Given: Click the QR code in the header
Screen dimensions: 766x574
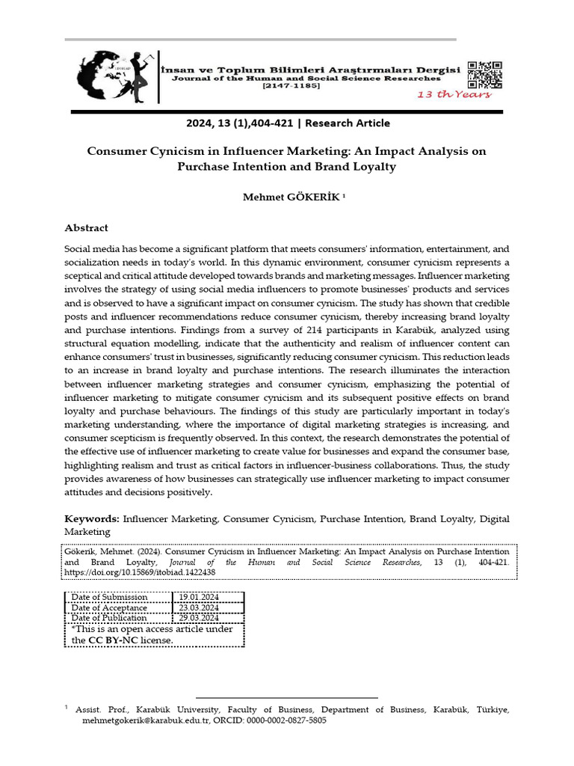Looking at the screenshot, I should [x=484, y=74].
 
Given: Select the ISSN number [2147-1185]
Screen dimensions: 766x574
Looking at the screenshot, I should [x=291, y=86].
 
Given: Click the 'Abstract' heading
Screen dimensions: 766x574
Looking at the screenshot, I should [x=86, y=227].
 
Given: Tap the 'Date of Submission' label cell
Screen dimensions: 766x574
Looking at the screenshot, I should [x=109, y=596].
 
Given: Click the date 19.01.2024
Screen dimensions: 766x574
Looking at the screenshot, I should [x=197, y=596].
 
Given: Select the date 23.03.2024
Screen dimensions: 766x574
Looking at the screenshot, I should [x=197, y=607].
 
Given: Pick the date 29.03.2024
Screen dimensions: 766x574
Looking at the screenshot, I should [x=197, y=617].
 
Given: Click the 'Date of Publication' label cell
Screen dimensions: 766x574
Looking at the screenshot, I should [x=109, y=617].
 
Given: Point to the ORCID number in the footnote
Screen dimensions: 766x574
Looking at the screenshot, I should [x=286, y=720].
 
